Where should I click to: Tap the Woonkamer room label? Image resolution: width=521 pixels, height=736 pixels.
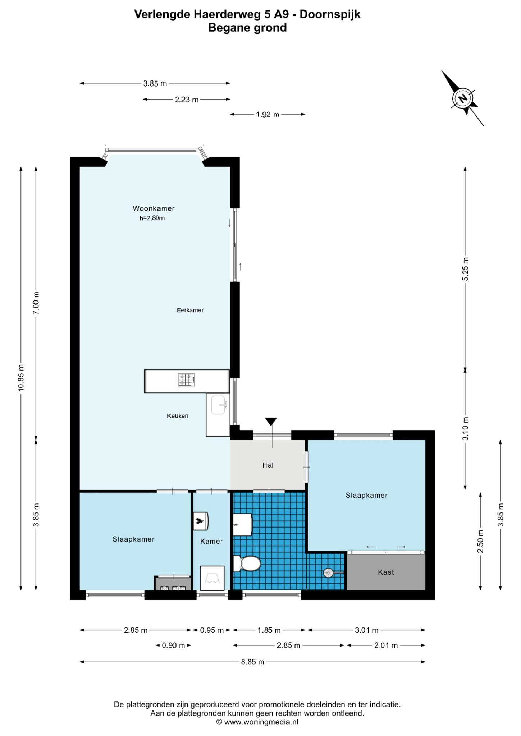(154, 208)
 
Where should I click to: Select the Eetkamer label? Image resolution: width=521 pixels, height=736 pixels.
(190, 310)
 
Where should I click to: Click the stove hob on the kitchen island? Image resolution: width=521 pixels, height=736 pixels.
(187, 380)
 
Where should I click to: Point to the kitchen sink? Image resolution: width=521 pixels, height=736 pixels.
(218, 405)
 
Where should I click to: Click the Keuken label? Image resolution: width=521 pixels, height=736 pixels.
(178, 416)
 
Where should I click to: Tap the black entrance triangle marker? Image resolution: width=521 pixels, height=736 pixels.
(271, 421)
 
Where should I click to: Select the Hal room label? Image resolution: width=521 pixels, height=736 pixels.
(268, 465)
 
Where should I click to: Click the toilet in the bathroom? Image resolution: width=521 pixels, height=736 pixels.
(247, 563)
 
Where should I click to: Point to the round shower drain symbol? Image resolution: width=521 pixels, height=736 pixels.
(328, 573)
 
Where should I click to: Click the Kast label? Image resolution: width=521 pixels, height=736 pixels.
(386, 572)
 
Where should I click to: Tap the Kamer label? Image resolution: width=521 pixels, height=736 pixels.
(211, 541)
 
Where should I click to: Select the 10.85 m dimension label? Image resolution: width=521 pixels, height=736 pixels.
(21, 377)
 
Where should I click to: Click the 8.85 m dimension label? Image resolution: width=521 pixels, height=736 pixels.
(253, 662)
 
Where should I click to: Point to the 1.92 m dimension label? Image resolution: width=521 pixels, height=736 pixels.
(268, 115)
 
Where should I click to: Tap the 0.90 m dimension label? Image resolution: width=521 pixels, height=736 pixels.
(173, 645)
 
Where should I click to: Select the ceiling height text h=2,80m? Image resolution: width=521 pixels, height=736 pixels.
(152, 218)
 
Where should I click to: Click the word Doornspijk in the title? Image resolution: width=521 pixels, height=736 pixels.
(330, 14)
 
